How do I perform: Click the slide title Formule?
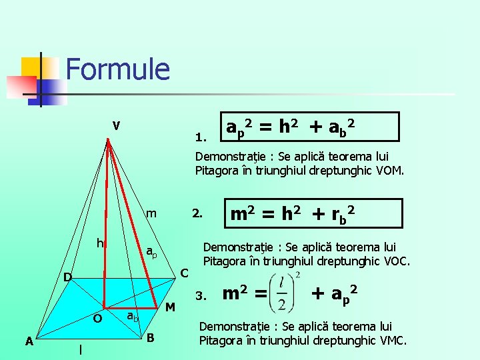click(118, 69)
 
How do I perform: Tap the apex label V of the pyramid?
click(116, 125)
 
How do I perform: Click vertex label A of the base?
click(29, 341)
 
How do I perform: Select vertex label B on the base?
click(151, 338)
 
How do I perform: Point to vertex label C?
click(185, 273)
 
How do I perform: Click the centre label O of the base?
click(97, 319)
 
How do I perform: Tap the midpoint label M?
click(170, 307)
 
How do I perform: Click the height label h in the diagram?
click(99, 243)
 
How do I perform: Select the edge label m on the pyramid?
click(151, 214)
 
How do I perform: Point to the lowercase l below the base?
click(80, 349)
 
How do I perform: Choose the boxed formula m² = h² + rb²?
click(292, 214)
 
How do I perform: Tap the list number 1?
click(201, 139)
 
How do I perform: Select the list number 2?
click(197, 214)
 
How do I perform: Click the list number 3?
click(201, 295)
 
